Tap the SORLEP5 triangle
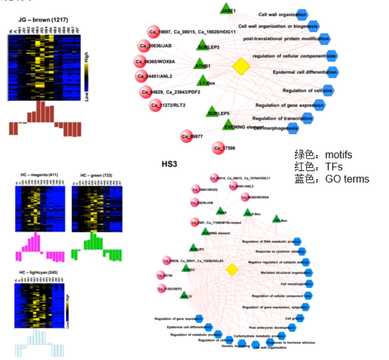(212, 112)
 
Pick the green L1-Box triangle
(203, 81)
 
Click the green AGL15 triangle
(185, 295)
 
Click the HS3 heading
(169, 164)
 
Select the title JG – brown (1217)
(45, 20)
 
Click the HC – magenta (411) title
(39, 175)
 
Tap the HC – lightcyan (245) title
(38, 272)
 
